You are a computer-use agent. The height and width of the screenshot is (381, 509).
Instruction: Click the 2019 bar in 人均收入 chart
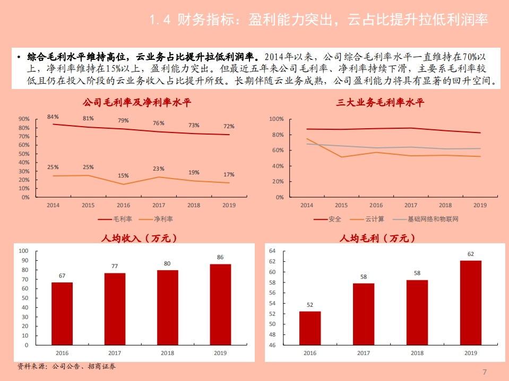tap(220, 305)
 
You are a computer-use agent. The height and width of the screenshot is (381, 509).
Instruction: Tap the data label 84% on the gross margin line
tap(53, 117)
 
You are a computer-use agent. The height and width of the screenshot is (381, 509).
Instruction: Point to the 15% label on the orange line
tap(123, 175)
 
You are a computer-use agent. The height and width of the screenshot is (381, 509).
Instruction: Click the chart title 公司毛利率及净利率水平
tap(136, 103)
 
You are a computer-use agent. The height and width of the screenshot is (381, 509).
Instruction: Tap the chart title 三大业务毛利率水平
tap(381, 103)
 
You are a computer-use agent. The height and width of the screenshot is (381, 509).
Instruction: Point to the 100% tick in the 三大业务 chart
tap(278, 119)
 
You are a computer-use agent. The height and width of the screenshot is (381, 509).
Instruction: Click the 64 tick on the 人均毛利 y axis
tap(273, 251)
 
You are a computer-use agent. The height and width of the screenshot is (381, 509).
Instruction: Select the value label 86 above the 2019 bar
tap(220, 258)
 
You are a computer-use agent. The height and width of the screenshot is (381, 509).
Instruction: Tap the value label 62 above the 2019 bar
tap(470, 254)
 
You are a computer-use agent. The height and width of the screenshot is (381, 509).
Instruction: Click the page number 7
tap(484, 371)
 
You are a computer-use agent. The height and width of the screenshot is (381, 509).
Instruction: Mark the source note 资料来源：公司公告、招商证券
tap(66, 366)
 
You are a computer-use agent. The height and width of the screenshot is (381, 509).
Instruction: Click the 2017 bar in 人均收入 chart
tap(115, 309)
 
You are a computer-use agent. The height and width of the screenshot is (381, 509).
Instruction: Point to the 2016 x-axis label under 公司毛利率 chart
tap(123, 206)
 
